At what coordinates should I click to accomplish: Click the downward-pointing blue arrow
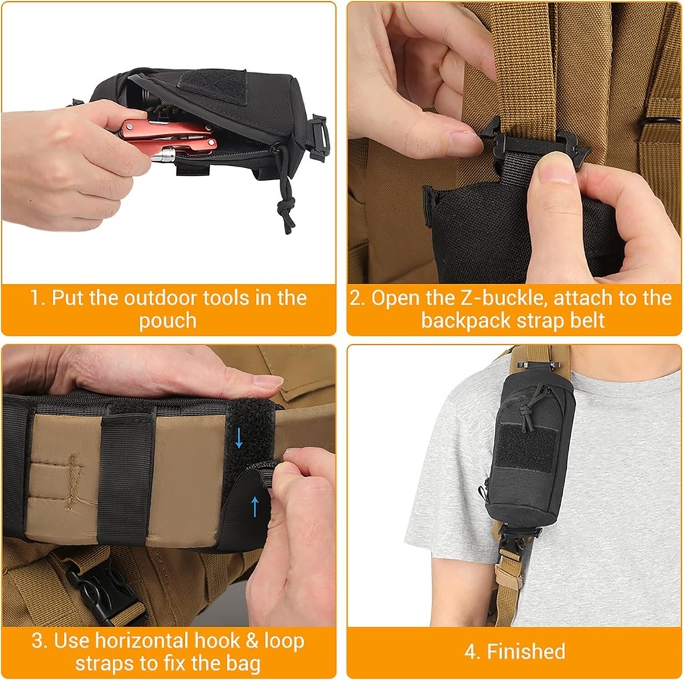click(x=238, y=438)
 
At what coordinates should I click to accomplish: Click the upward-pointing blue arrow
click(x=255, y=506)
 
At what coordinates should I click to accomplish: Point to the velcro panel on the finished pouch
click(x=524, y=448)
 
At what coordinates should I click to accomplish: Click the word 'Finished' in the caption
click(x=527, y=651)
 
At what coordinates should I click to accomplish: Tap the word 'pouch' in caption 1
click(x=167, y=321)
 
